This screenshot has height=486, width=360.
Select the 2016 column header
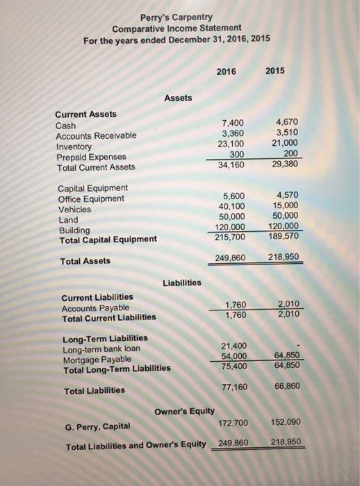tap(227, 70)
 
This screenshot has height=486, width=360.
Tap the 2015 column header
tap(286, 70)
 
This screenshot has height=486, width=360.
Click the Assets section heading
tap(179, 99)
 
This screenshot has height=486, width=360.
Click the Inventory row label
tap(73, 146)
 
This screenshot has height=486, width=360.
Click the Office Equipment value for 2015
tap(288, 196)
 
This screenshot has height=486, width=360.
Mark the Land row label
tap(69, 219)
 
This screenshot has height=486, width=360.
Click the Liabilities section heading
tap(181, 283)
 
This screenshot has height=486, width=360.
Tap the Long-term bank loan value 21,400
tap(234, 346)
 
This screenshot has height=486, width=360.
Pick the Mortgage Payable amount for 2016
tap(234, 356)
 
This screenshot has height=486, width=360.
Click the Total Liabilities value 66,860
tap(285, 386)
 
